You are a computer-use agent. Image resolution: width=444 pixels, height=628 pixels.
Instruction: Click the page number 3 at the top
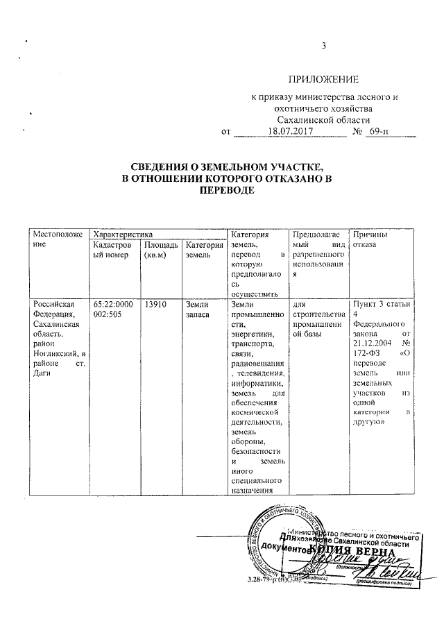tap(323, 47)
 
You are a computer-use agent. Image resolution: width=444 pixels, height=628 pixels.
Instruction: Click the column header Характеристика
tap(123, 236)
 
